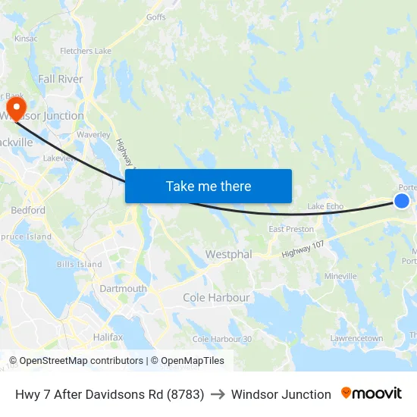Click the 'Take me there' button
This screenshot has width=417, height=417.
pyautogui.click(x=208, y=186)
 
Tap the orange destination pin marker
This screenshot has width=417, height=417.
pyautogui.click(x=15, y=107)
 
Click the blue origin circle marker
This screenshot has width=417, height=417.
pyautogui.click(x=402, y=200)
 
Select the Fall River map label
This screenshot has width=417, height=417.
pyautogui.click(x=60, y=78)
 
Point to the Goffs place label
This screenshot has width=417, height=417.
pyautogui.click(x=156, y=17)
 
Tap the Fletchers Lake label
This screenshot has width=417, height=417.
pyautogui.click(x=86, y=52)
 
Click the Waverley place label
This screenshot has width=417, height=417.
pyautogui.click(x=94, y=134)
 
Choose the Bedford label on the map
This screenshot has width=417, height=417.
pyautogui.click(x=28, y=210)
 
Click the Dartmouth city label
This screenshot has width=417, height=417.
pyautogui.click(x=124, y=288)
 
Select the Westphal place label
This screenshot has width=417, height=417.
pyautogui.click(x=229, y=255)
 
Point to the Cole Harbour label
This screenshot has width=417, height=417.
pyautogui.click(x=216, y=298)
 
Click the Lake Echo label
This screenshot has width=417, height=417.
pyautogui.click(x=325, y=206)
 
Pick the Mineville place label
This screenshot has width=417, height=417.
pyautogui.click(x=340, y=277)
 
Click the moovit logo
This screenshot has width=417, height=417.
pyautogui.click(x=372, y=393)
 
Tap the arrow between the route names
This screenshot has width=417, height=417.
pyautogui.click(x=218, y=394)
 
